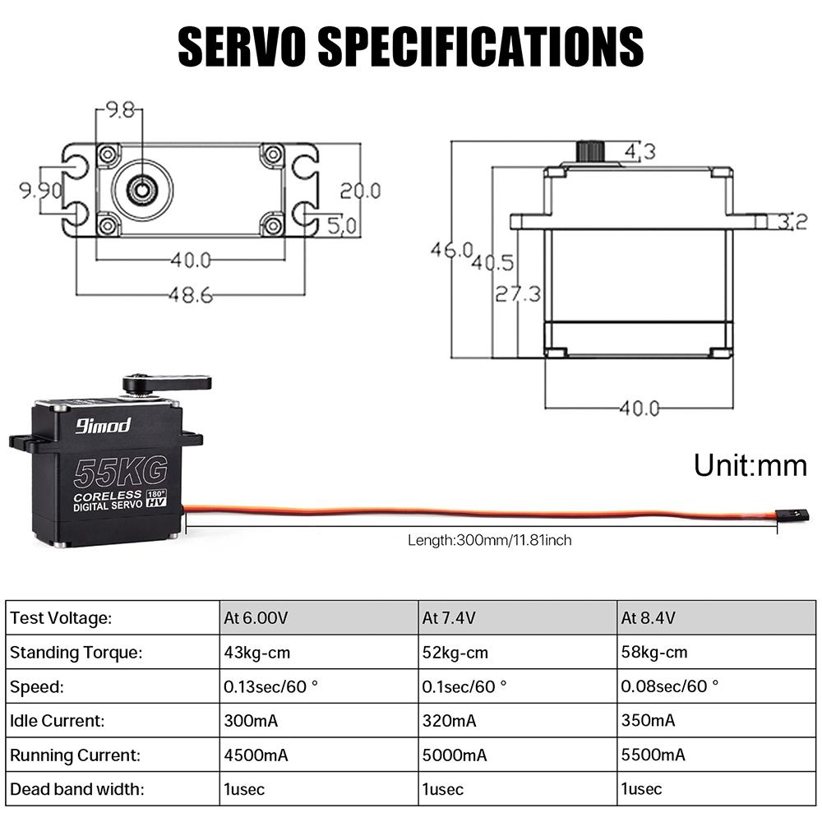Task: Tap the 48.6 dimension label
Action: pyautogui.click(x=191, y=294)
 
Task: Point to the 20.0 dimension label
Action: pyautogui.click(x=360, y=191)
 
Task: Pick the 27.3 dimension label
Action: pyautogui.click(x=517, y=293)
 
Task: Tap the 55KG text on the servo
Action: pyautogui.click(x=120, y=471)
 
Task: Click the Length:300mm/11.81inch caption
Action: pyautogui.click(x=489, y=540)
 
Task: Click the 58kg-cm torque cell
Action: pyautogui.click(x=654, y=653)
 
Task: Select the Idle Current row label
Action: pyautogui.click(x=57, y=721)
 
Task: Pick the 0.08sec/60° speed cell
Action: pyautogui.click(x=669, y=686)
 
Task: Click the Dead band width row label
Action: pyautogui.click(x=76, y=789)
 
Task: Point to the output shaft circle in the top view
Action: pyautogui.click(x=141, y=189)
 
